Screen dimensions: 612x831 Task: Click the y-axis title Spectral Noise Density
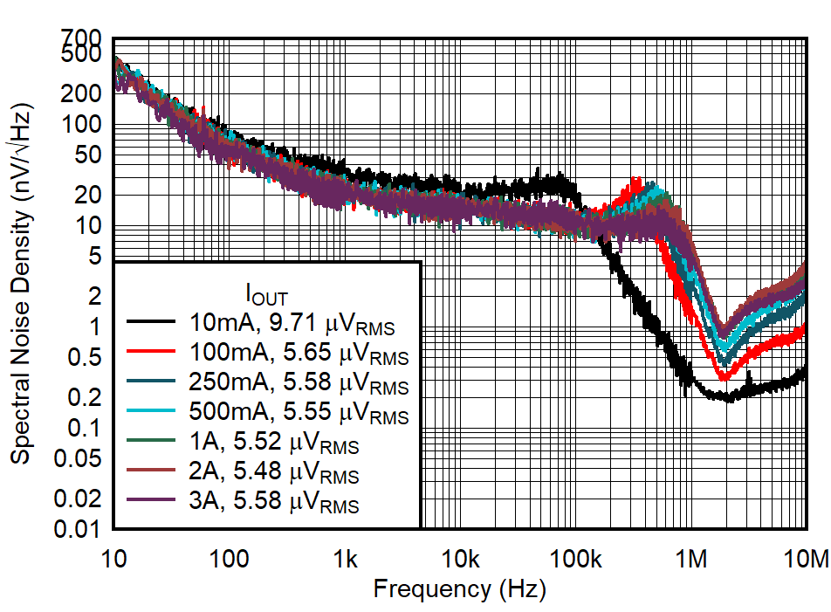[21, 284]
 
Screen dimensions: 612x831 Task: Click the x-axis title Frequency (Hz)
[459, 589]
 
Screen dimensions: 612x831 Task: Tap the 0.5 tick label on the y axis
[86, 357]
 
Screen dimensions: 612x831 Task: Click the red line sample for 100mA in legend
[155, 354]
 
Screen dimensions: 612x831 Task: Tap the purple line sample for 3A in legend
[155, 502]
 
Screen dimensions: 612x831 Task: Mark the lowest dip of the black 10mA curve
[726, 398]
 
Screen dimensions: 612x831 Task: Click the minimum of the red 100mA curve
[723, 377]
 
